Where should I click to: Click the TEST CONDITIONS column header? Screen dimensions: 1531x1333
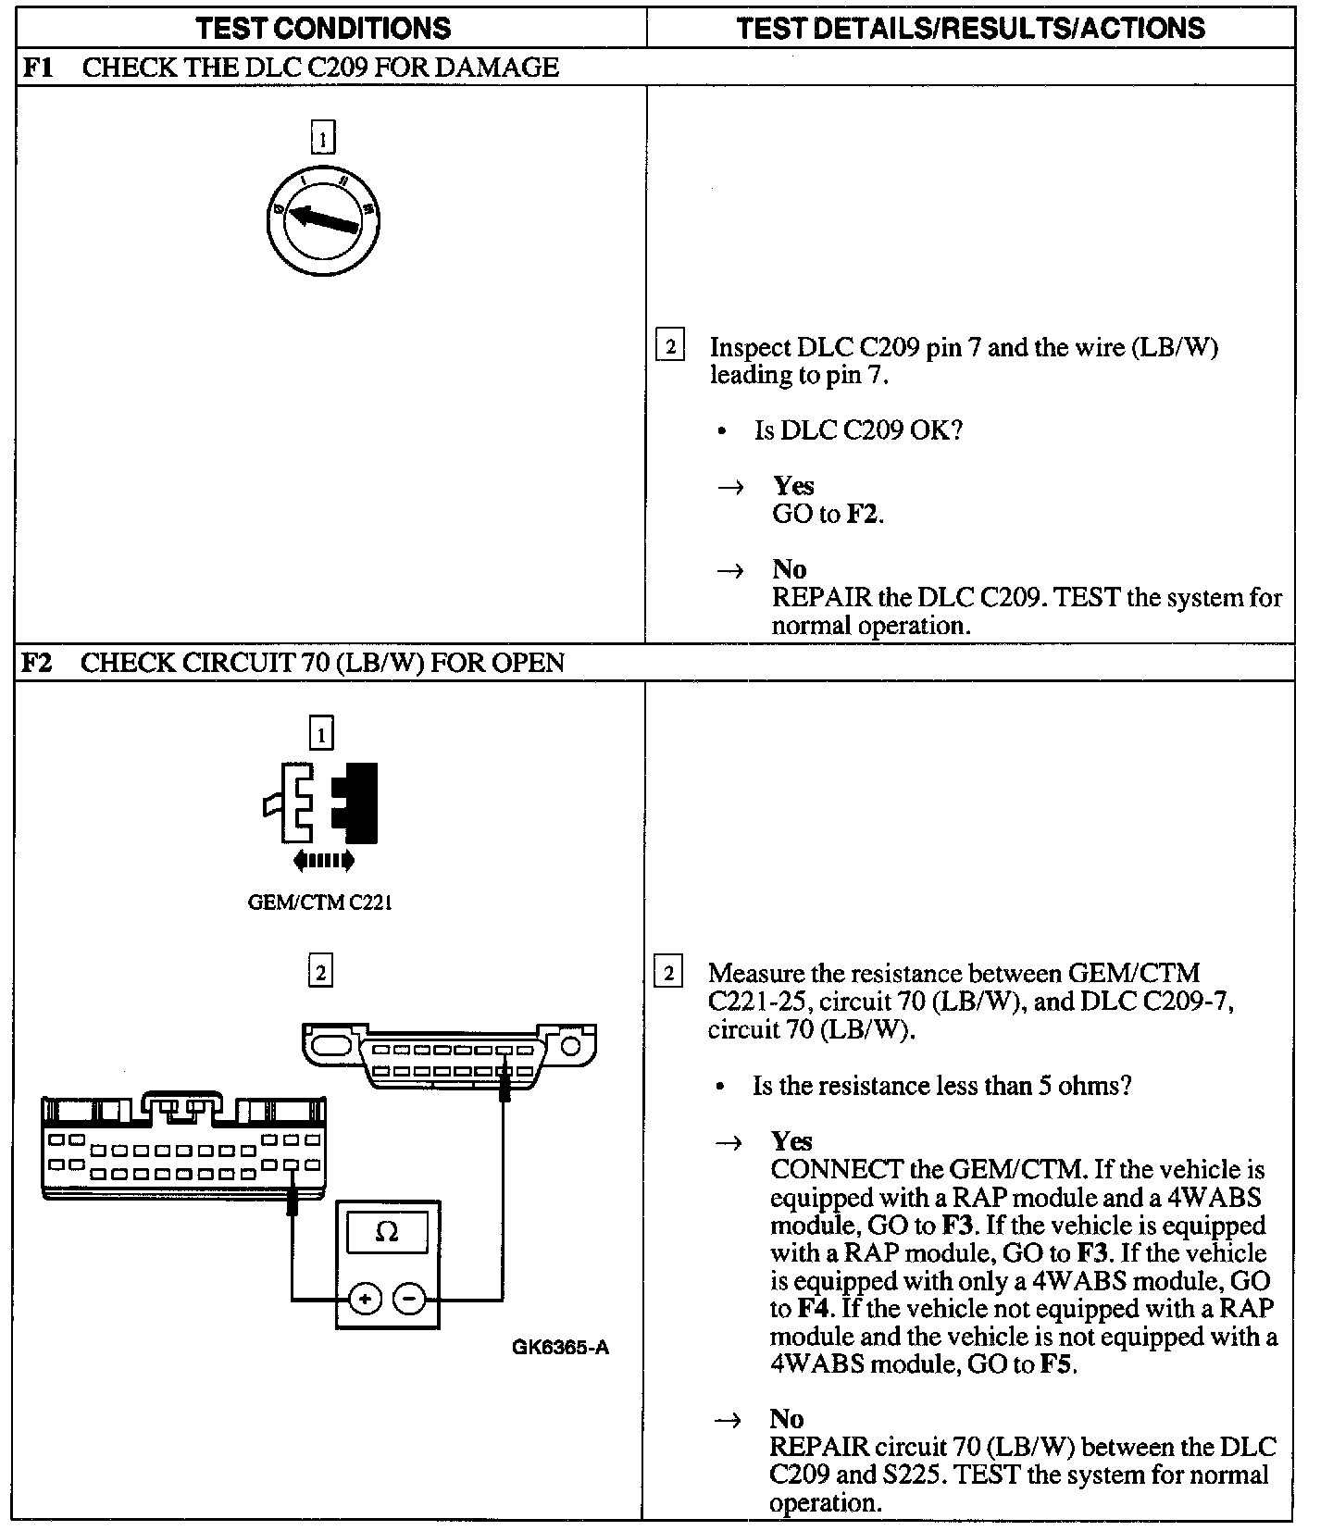[x=323, y=28]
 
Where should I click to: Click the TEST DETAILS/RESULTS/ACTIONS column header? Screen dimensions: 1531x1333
[x=970, y=28]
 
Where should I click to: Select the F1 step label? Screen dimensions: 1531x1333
[x=36, y=68]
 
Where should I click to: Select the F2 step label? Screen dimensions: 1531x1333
[x=36, y=663]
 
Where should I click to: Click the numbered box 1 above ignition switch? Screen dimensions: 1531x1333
[x=322, y=139]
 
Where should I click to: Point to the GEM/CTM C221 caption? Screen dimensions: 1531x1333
[x=320, y=902]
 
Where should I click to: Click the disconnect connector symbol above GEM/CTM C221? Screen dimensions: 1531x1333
[x=321, y=803]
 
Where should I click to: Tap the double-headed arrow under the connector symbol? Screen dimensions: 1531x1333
[x=323, y=861]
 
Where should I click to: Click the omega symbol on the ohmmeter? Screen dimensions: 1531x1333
[x=387, y=1232]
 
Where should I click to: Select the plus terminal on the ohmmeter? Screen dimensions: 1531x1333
[x=366, y=1300]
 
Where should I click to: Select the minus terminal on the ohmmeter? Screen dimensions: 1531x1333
[x=409, y=1300]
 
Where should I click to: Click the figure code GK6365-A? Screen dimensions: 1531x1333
[x=560, y=1347]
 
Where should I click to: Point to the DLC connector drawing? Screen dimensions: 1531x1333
[x=450, y=1055]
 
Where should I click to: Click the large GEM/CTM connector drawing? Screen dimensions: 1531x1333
[x=183, y=1148]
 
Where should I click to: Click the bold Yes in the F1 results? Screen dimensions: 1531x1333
[x=793, y=486]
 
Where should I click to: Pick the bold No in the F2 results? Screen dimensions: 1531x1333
[x=786, y=1419]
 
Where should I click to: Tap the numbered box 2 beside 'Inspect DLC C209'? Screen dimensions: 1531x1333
[x=669, y=347]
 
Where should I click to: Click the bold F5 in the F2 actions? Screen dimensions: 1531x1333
[x=1057, y=1364]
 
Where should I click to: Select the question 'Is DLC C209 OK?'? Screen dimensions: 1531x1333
[x=858, y=430]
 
